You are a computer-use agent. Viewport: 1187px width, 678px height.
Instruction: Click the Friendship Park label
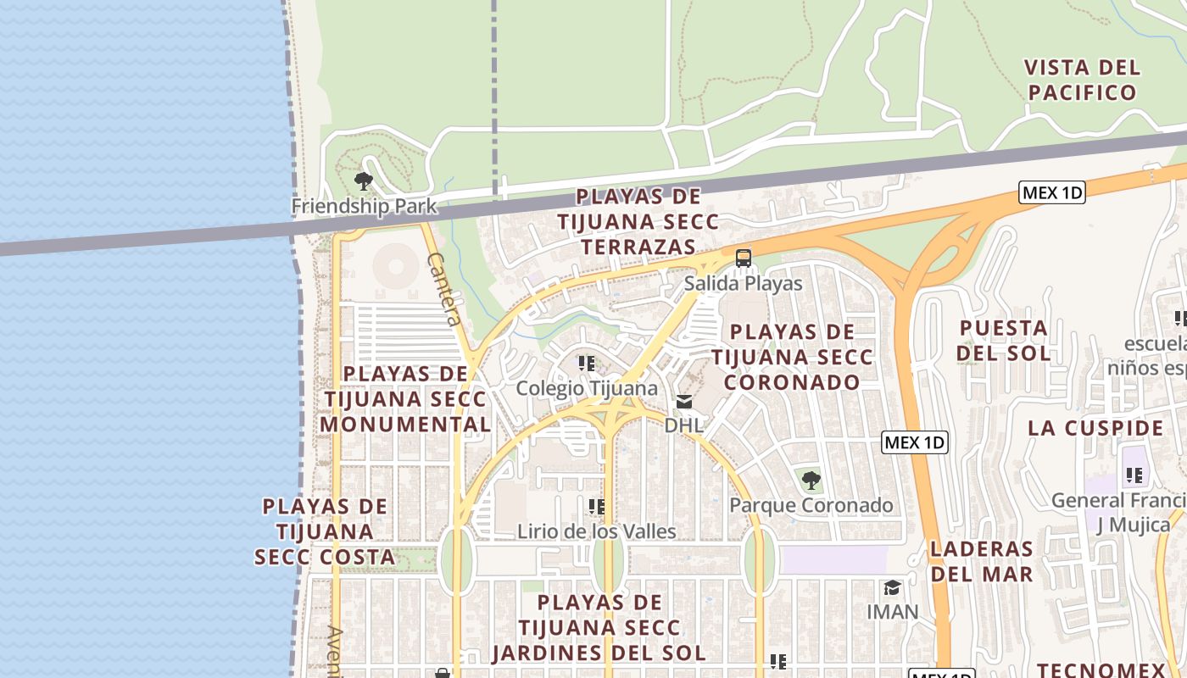pos(364,206)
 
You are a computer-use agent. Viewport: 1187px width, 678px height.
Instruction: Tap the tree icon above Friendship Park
pos(364,181)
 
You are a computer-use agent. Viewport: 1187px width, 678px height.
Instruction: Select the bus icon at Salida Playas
pos(744,258)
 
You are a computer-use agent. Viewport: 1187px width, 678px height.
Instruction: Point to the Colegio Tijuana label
pos(587,388)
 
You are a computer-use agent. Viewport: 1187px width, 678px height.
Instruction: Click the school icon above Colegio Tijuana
pos(587,364)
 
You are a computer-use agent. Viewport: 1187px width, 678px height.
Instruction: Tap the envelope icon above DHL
pos(684,401)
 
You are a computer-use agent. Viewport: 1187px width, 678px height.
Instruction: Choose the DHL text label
pos(684,425)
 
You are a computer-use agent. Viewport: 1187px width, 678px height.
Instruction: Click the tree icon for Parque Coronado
pos(811,481)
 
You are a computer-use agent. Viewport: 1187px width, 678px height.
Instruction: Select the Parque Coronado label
pos(811,505)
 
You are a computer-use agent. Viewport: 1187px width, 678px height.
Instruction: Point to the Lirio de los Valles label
pos(597,531)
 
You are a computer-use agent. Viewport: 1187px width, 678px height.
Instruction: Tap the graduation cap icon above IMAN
pos(892,587)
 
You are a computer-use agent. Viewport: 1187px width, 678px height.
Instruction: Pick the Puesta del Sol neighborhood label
pos(1005,340)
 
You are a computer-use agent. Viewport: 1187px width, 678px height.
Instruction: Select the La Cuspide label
pos(1095,427)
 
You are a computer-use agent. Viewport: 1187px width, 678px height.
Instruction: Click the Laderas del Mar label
pos(982,561)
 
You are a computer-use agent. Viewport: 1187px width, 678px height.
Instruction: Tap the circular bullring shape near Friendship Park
pos(395,266)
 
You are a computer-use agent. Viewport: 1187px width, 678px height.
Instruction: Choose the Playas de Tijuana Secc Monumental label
pos(405,398)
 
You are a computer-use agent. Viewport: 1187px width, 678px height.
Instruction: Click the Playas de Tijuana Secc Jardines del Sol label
pos(599,628)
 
